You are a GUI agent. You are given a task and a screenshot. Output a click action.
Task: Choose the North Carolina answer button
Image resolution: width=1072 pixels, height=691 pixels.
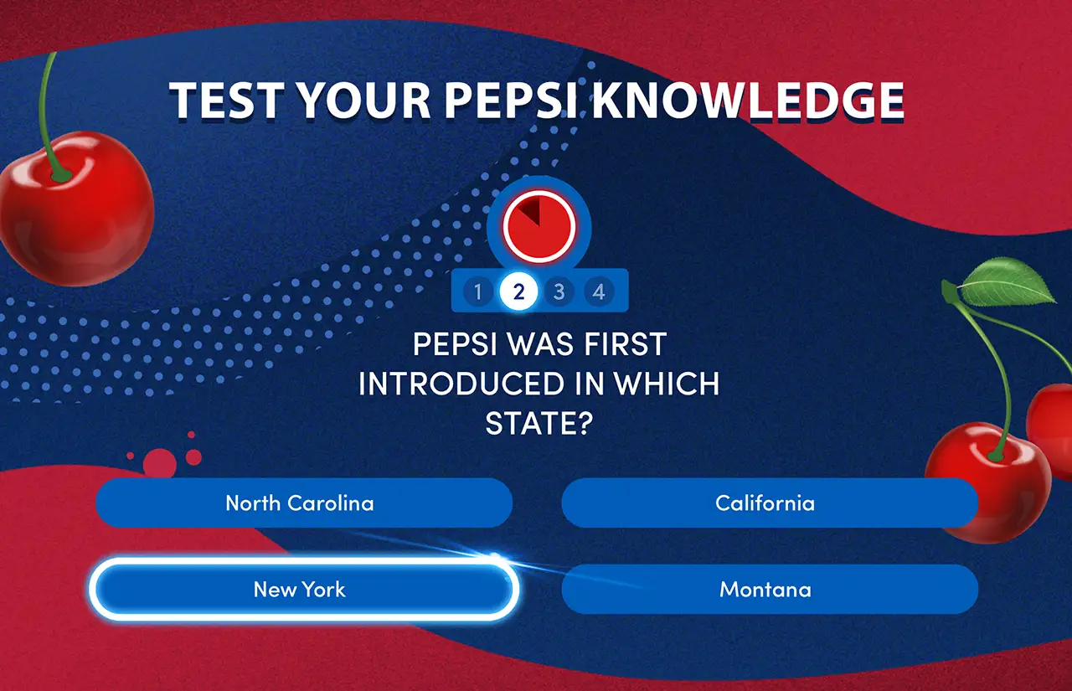click(x=304, y=503)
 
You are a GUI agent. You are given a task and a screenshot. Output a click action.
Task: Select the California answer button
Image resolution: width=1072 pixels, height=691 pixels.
click(x=770, y=503)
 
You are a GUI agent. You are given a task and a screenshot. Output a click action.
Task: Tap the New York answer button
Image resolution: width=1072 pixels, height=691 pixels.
click(x=304, y=589)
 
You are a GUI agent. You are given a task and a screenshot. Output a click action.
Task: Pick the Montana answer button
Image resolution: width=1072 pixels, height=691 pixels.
click(x=770, y=589)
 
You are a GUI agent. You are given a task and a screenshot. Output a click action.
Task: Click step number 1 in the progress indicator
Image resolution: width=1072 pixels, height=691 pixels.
click(x=477, y=291)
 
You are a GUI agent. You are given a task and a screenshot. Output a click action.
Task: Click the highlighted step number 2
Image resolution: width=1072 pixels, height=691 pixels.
click(x=518, y=291)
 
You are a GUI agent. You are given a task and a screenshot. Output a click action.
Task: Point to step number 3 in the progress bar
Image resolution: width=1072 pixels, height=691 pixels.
click(x=559, y=291)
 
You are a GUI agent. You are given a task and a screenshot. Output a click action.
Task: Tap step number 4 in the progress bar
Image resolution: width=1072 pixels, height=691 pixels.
click(x=599, y=291)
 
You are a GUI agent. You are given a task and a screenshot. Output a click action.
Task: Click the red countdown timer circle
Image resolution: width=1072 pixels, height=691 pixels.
click(x=539, y=227)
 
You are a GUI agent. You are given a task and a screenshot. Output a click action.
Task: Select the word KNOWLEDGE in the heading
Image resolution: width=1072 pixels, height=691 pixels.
click(x=749, y=101)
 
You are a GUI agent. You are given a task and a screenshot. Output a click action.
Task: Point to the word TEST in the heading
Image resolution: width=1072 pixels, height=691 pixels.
click(x=226, y=101)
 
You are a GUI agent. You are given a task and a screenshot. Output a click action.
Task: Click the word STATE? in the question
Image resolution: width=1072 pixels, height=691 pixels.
click(x=539, y=424)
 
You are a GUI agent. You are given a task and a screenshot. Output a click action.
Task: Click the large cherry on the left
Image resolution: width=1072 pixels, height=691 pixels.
click(x=75, y=209)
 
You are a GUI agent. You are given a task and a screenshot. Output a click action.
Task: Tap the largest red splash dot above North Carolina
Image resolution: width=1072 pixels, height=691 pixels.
click(x=160, y=462)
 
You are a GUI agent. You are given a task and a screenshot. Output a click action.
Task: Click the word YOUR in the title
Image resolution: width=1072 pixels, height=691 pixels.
click(x=364, y=101)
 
